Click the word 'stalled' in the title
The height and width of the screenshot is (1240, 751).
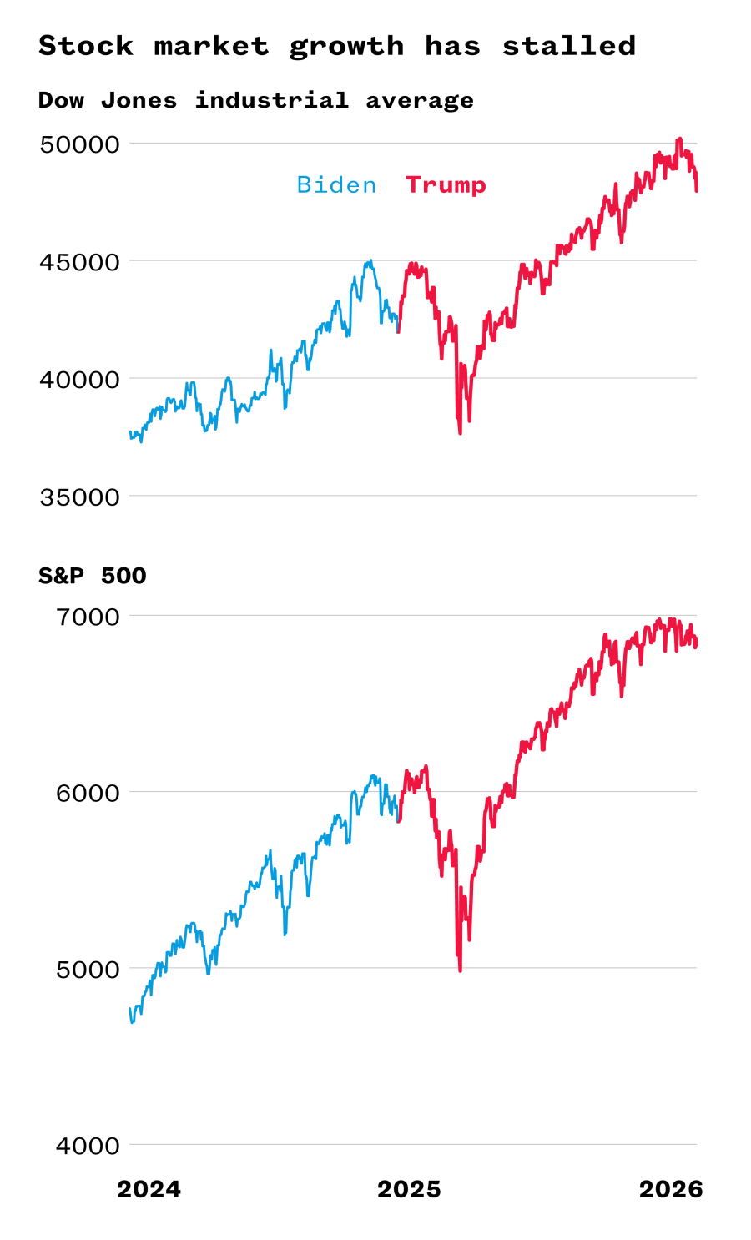click(x=568, y=46)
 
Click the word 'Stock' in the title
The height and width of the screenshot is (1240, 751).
click(x=86, y=46)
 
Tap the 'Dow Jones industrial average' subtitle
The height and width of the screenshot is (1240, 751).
click(x=255, y=101)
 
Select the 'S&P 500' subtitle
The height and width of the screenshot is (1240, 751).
click(x=92, y=576)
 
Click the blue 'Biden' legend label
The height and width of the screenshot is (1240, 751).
click(x=336, y=184)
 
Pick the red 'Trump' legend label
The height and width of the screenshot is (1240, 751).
click(x=446, y=184)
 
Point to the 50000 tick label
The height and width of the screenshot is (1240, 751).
click(x=80, y=144)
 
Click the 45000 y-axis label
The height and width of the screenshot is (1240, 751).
click(x=80, y=262)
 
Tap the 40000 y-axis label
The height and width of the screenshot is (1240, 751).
click(x=80, y=380)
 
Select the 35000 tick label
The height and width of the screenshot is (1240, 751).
click(x=80, y=497)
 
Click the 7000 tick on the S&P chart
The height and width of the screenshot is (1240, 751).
click(x=88, y=617)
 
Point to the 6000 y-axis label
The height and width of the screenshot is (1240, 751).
click(x=88, y=793)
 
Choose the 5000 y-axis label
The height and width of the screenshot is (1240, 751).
click(x=88, y=970)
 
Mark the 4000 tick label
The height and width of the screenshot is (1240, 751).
click(x=88, y=1146)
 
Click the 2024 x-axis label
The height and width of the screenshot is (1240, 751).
click(x=149, y=1189)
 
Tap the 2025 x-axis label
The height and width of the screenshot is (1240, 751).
click(x=409, y=1189)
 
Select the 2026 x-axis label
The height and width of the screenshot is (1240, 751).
click(x=671, y=1189)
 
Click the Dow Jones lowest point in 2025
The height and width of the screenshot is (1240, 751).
click(x=460, y=432)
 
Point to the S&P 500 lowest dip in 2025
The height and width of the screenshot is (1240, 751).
click(x=460, y=970)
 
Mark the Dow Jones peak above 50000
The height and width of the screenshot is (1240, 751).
click(x=680, y=139)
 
